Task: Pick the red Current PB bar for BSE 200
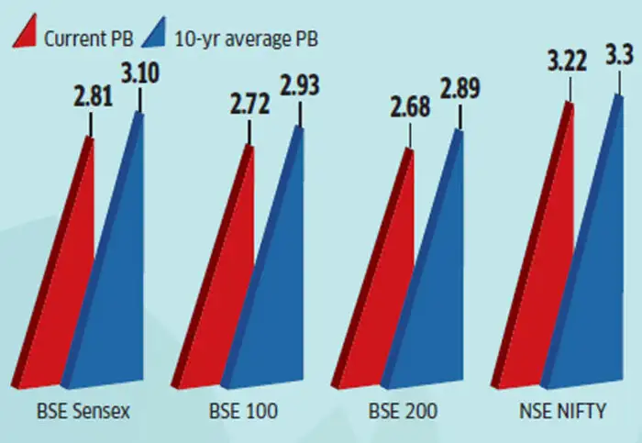click(385, 312)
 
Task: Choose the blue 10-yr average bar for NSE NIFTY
click(596, 275)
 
